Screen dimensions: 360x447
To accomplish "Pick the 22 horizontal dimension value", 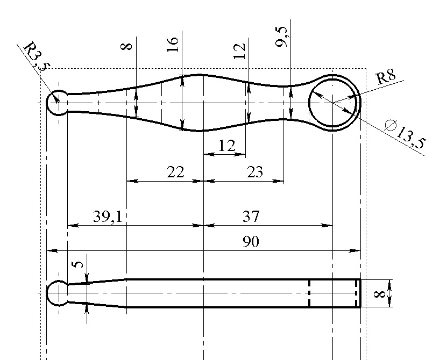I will [175, 172].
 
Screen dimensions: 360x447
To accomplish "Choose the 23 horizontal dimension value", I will [255, 172].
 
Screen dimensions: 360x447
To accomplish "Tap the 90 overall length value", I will [251, 242].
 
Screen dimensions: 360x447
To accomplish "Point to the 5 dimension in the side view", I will [79, 264].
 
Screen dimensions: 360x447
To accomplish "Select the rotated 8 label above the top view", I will [127, 46].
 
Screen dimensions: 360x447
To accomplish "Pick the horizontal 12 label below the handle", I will [227, 146].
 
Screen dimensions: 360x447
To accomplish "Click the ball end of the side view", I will [56, 293].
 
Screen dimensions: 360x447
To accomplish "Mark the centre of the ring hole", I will [333, 102].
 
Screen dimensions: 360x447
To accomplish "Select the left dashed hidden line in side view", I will [309, 293].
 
